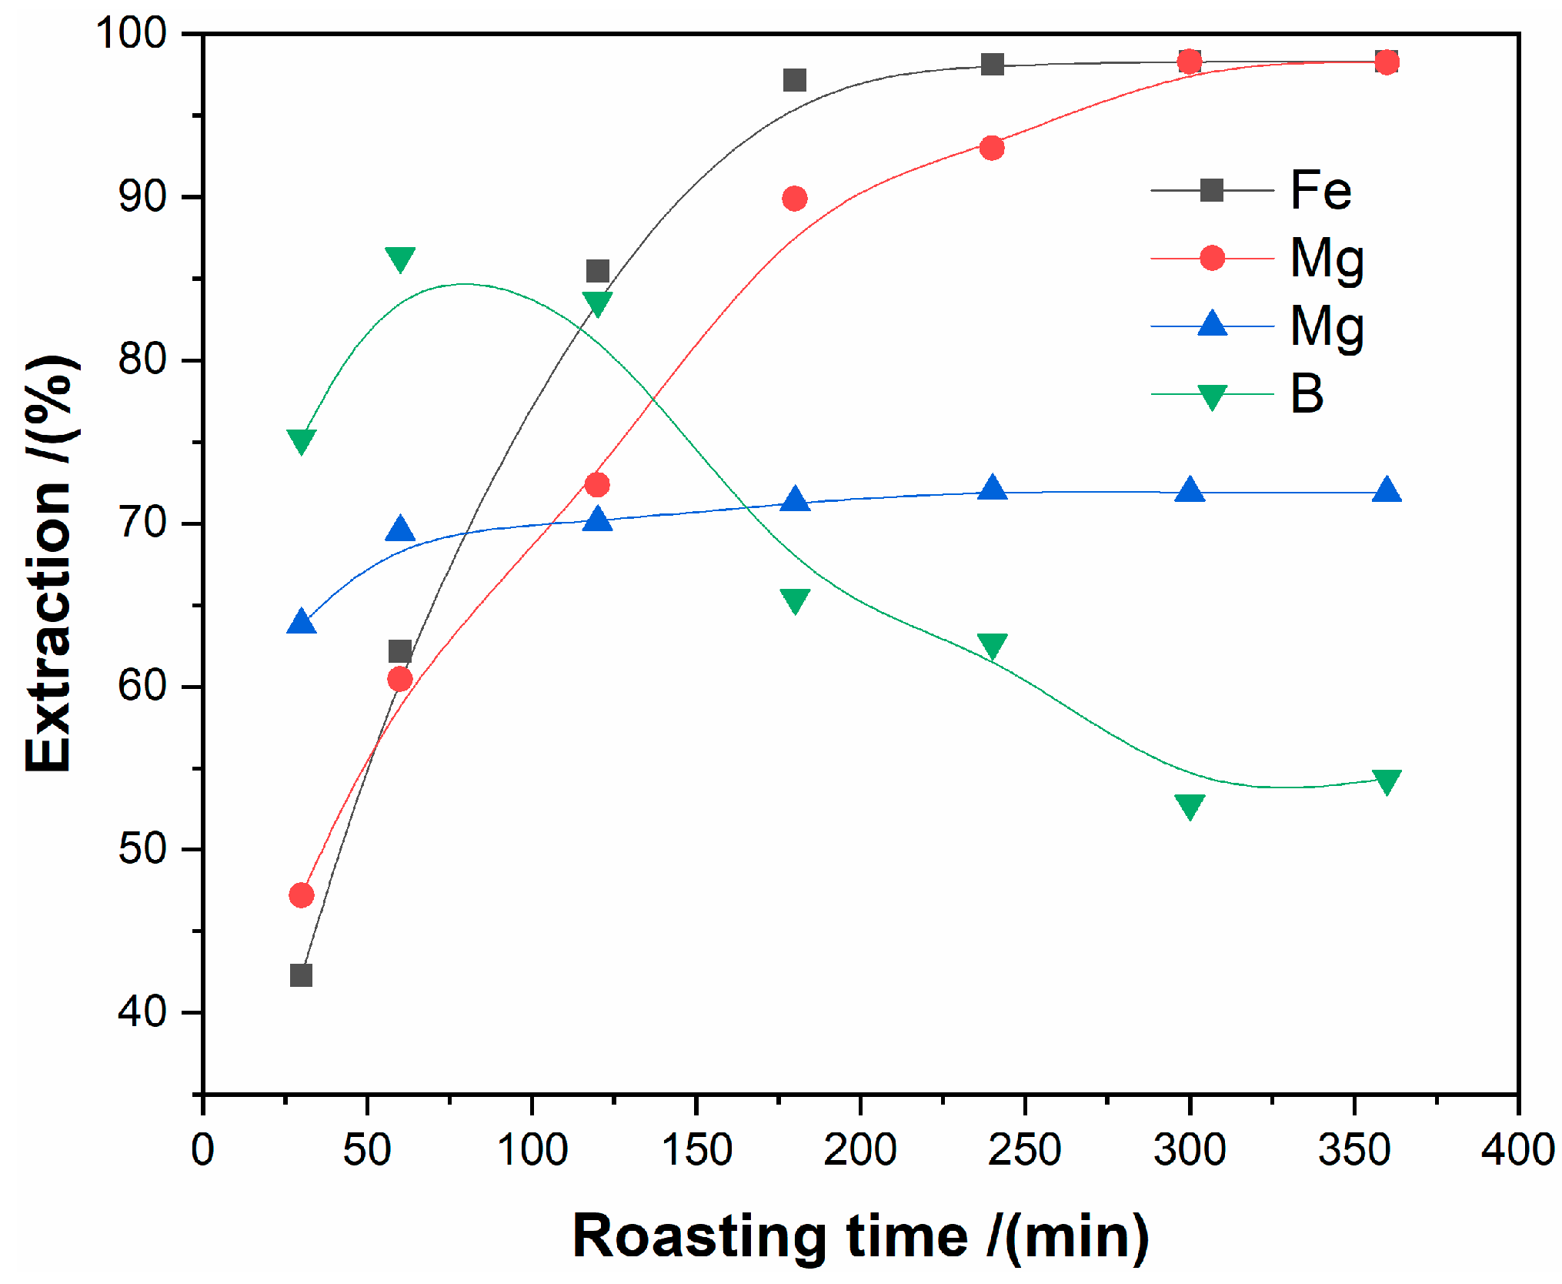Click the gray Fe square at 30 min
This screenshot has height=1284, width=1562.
(x=301, y=975)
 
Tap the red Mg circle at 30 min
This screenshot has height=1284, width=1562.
(x=301, y=895)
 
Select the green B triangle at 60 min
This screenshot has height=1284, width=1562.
(x=400, y=259)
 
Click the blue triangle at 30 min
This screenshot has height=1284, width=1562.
(x=301, y=622)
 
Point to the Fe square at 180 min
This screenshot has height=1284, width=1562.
(x=795, y=80)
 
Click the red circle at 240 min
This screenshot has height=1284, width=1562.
(x=993, y=148)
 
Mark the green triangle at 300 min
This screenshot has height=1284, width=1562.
(x=1190, y=805)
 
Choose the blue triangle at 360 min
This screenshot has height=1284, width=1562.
(x=1387, y=490)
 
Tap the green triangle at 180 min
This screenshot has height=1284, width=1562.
(x=795, y=600)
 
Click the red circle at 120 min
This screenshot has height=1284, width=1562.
(x=597, y=485)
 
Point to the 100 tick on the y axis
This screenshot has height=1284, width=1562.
(x=132, y=34)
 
